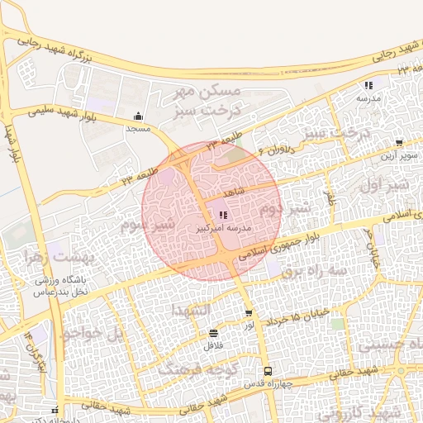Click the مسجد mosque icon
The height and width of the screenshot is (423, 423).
point(137,116)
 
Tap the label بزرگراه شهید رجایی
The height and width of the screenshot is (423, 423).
point(61,52)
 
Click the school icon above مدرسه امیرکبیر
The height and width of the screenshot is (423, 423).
point(223,215)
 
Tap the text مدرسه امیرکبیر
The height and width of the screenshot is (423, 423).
point(224,226)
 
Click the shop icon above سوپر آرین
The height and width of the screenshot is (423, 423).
point(399,143)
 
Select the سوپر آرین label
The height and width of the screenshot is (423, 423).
point(398,154)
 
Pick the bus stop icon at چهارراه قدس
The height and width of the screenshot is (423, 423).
point(267,371)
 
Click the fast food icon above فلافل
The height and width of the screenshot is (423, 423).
point(214,334)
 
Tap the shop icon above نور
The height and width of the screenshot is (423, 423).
point(249,313)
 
